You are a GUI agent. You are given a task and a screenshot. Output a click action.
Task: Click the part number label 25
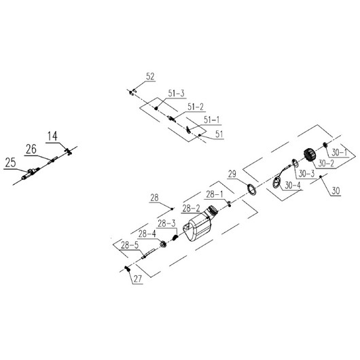(x=11, y=163)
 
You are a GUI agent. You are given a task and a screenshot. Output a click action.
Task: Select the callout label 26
(x=31, y=149)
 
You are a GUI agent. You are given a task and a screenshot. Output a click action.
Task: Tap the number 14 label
(x=52, y=136)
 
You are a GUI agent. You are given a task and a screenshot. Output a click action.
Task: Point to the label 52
(x=150, y=77)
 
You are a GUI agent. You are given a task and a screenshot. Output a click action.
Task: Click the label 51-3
(x=177, y=94)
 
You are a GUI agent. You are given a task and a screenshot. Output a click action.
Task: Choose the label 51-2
(x=196, y=107)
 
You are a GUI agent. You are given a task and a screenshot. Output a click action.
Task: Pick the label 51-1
(x=212, y=120)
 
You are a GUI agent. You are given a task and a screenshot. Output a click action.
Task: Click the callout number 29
(x=232, y=175)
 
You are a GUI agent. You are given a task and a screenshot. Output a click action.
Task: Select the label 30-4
(x=293, y=185)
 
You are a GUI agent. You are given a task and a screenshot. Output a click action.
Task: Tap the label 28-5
(x=130, y=245)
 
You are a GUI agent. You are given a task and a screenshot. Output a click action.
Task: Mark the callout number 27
(x=138, y=279)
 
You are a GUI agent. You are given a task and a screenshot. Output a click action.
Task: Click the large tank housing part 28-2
(x=199, y=224)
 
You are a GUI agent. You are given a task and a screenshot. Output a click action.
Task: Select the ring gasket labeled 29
(x=251, y=190)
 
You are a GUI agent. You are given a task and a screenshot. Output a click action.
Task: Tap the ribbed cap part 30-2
(x=310, y=156)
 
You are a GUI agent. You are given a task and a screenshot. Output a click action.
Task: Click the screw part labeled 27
(x=128, y=268)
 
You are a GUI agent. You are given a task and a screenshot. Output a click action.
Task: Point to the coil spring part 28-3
(x=175, y=237)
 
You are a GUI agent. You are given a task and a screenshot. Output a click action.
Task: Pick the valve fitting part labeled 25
(x=31, y=173)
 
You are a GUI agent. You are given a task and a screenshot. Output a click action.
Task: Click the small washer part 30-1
(x=325, y=145)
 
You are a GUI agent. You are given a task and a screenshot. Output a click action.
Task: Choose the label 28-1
(x=215, y=194)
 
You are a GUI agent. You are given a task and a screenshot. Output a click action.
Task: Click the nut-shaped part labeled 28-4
(x=163, y=244)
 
